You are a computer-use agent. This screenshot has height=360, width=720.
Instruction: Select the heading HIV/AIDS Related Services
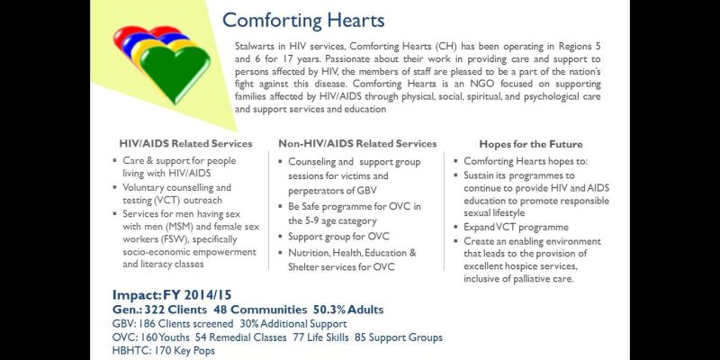185,144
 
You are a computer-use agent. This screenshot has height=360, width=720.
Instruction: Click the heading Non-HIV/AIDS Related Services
357,143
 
